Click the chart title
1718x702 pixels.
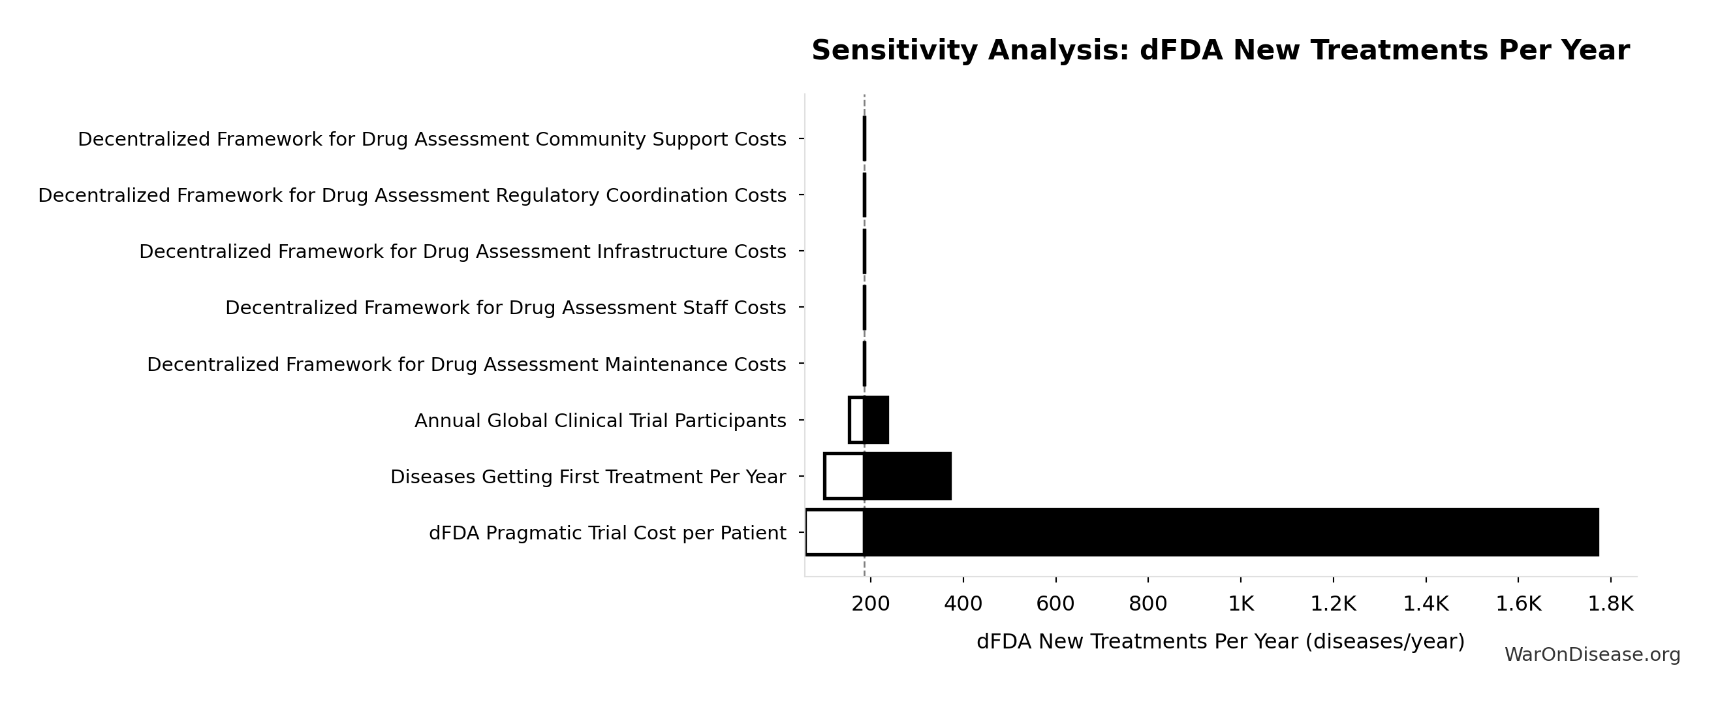coord(1220,51)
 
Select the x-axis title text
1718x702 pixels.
coord(1220,641)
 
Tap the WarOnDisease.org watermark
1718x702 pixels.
coord(1591,654)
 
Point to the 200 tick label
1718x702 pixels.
coord(870,604)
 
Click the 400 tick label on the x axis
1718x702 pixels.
coord(963,604)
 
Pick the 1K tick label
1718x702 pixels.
coord(1240,604)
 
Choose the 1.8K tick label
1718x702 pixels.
coord(1610,604)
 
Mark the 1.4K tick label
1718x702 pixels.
coord(1425,604)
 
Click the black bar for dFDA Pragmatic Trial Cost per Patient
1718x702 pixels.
coord(1230,532)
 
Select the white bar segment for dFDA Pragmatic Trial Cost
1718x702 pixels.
coord(834,532)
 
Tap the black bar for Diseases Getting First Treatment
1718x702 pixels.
coord(907,477)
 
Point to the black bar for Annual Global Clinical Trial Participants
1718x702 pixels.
coord(877,421)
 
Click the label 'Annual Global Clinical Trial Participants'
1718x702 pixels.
coord(600,421)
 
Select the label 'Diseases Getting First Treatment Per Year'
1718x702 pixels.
coord(587,477)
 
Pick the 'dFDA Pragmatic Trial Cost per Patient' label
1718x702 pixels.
coord(607,533)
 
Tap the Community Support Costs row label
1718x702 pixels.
coord(431,140)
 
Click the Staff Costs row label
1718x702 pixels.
coord(505,308)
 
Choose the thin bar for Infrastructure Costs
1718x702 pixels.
coord(864,251)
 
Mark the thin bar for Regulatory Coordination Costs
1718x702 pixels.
coord(864,195)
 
